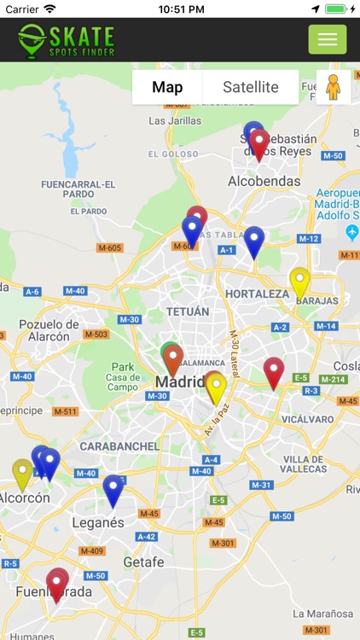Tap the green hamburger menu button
point(328,39)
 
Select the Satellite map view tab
point(251,87)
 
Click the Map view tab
point(167,87)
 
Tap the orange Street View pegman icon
point(333,87)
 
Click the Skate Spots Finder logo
point(67,39)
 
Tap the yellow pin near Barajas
point(299,282)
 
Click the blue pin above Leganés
point(113,491)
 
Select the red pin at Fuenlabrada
point(57,584)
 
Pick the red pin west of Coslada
point(273,372)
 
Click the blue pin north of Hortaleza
point(253,241)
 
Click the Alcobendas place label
point(264,181)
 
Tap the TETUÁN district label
point(188,311)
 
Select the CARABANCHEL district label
point(119,445)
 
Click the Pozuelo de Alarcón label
point(49,329)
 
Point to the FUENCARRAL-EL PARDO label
point(78,189)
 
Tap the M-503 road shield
point(96,334)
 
